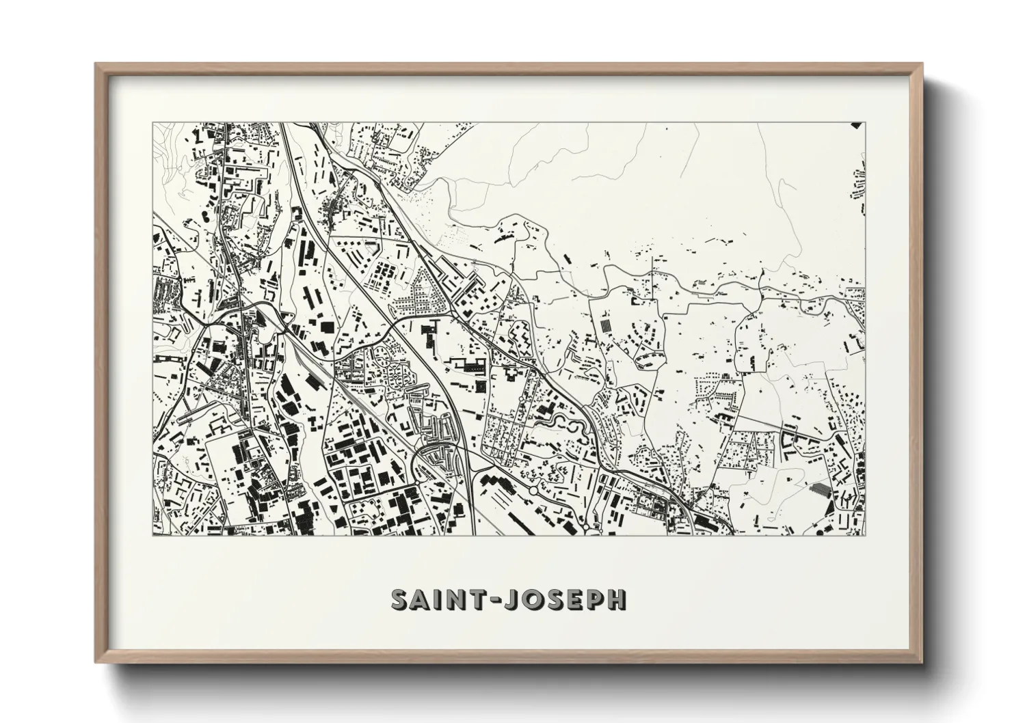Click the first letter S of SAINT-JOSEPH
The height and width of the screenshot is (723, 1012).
[x=401, y=600]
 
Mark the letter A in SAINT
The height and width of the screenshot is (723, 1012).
[x=421, y=600]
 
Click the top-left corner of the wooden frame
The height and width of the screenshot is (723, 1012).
[x=96, y=64]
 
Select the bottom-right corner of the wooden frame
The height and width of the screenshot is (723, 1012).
[x=922, y=662]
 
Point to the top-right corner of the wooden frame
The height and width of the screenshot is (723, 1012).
[x=922, y=64]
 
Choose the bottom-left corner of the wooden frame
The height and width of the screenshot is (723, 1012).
[x=96, y=662]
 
